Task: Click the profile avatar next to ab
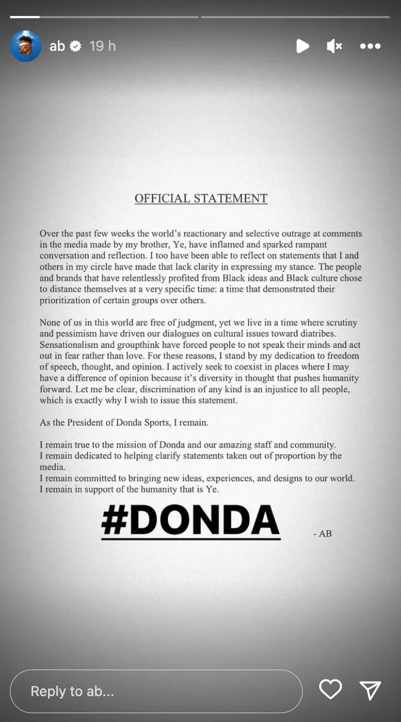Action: click(26, 46)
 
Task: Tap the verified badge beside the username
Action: click(76, 46)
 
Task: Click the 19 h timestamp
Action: click(103, 46)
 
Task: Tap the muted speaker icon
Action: click(334, 46)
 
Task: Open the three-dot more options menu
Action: click(370, 46)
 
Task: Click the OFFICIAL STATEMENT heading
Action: click(201, 199)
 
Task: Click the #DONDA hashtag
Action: click(191, 521)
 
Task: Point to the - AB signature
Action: click(322, 534)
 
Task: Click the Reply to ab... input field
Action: click(156, 691)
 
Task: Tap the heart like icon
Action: click(330, 689)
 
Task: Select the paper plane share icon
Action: click(370, 689)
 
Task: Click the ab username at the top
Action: click(57, 46)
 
